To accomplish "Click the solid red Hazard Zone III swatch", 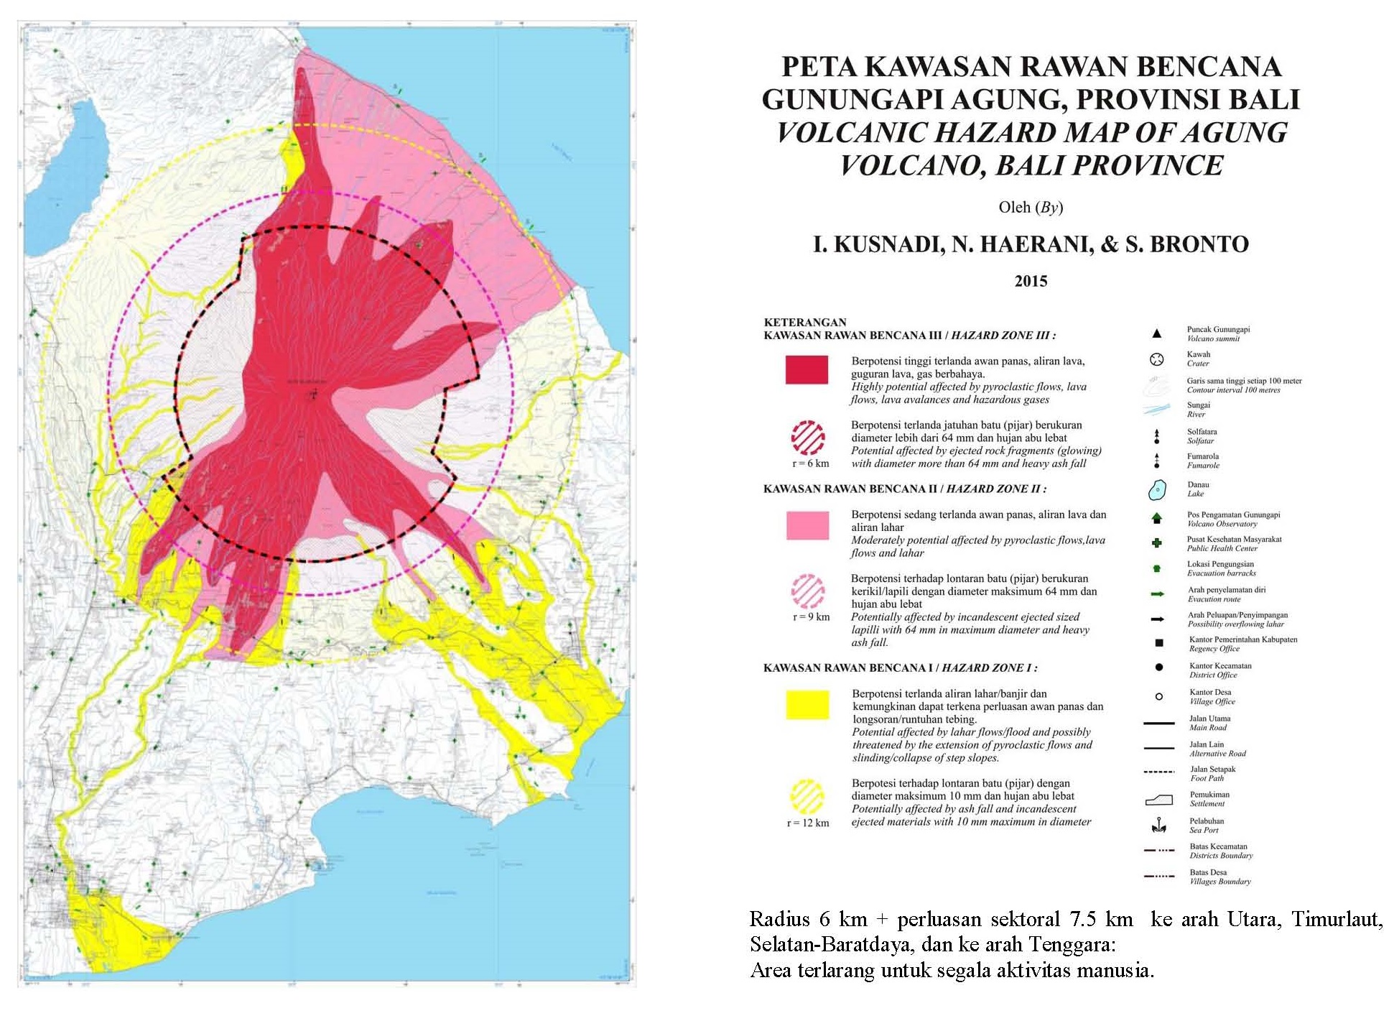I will [807, 369].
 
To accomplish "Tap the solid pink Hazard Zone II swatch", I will [807, 525].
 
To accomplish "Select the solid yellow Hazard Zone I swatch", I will [807, 704].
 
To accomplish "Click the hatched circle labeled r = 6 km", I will [808, 438].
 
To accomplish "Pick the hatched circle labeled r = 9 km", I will [808, 591].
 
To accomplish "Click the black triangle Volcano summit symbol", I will [1156, 333].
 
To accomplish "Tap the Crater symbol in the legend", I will [1156, 359].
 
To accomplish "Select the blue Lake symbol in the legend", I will [1156, 491].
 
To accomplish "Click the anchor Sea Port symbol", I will [1158, 826].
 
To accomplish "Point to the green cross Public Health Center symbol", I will [1156, 543].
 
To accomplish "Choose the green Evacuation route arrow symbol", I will [1157, 594].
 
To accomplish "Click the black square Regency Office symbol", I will [1158, 643].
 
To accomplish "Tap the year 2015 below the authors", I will [1031, 281].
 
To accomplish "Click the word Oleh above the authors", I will [1013, 208].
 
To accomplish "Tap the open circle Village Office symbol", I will [1158, 696].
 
